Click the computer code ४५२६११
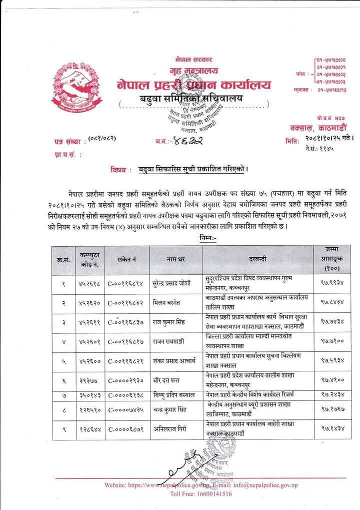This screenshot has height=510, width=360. tap(89, 323)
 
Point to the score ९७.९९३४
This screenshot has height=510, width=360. tap(332, 283)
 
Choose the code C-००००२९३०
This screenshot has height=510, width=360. tap(125, 380)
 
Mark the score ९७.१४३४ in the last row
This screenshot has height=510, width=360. tap(332, 429)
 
